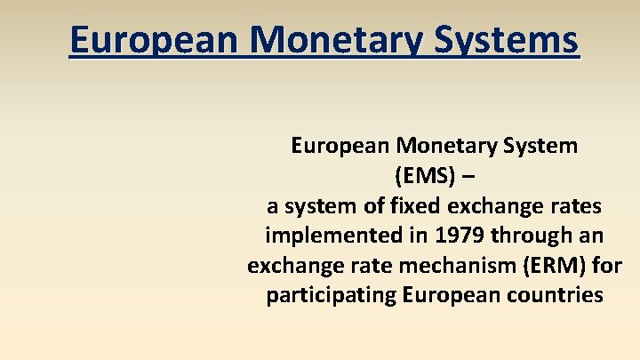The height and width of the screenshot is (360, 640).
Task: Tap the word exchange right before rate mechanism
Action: pos(292,266)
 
